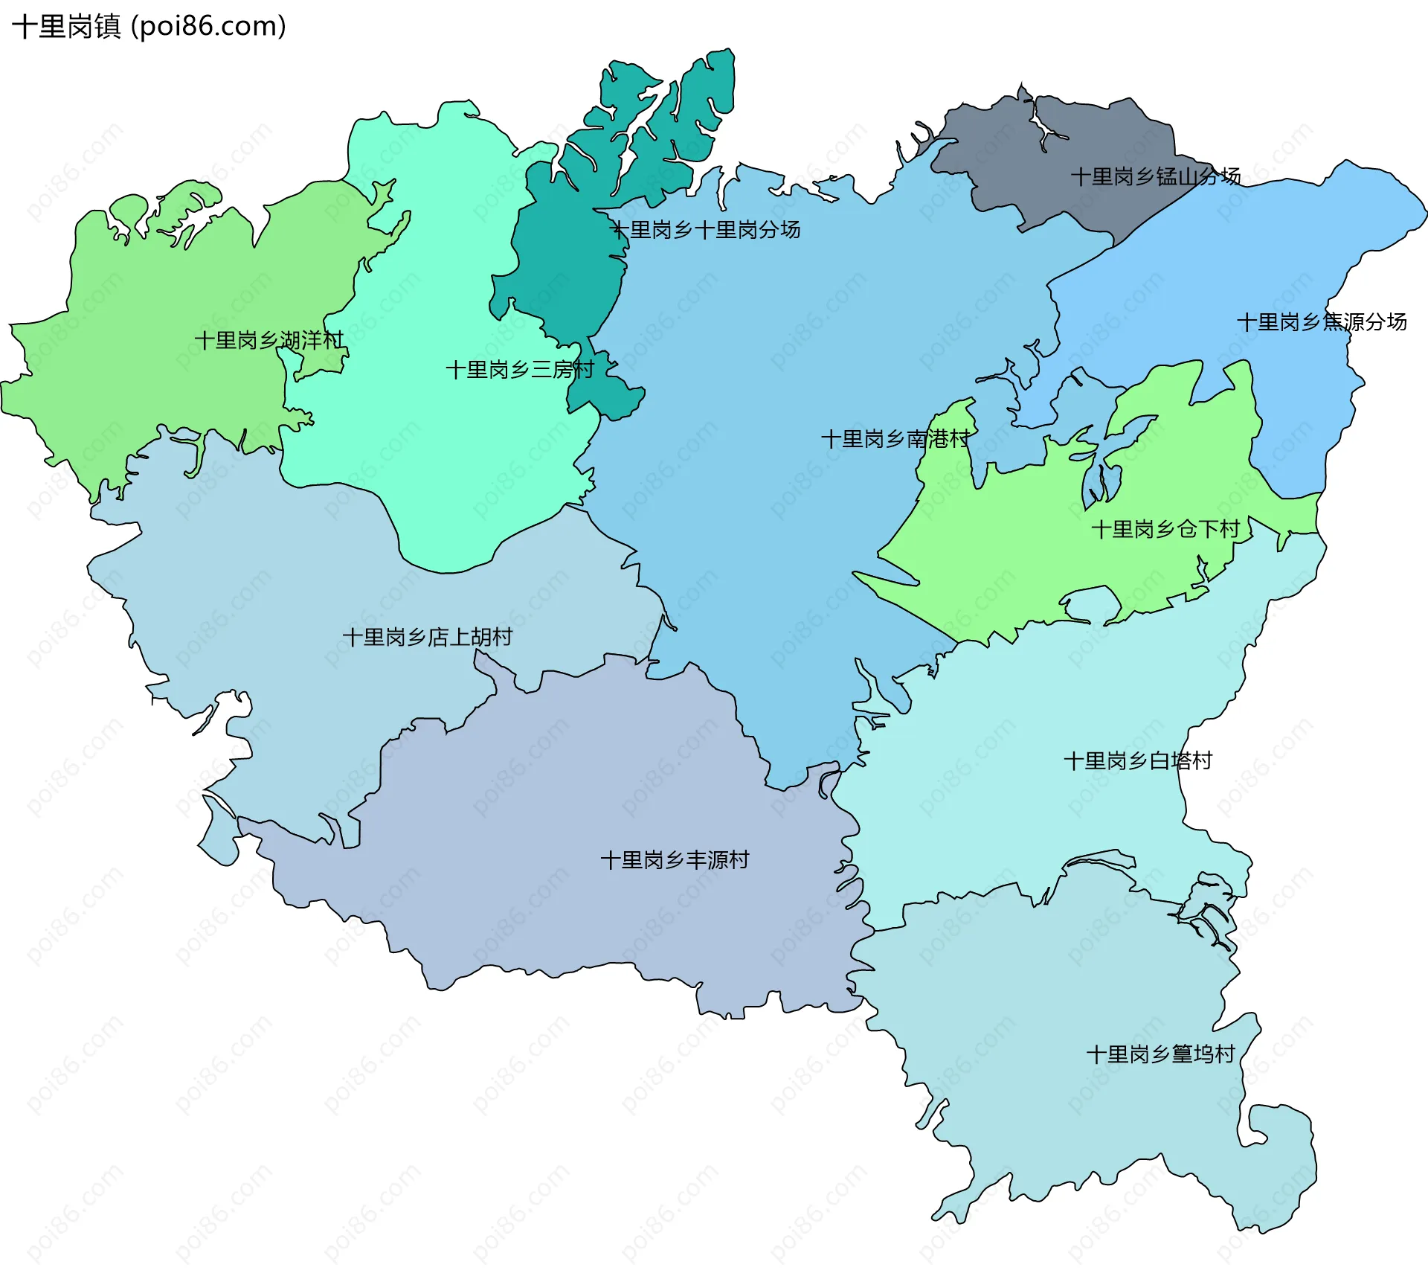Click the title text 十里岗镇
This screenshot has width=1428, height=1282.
67,27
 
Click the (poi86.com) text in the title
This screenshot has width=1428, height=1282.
208,27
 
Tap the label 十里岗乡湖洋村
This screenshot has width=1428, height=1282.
268,341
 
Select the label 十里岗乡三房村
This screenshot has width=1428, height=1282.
519,370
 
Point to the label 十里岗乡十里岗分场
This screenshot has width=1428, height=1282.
705,230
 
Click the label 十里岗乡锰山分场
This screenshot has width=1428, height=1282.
1155,177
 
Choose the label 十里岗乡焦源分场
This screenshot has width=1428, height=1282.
1321,322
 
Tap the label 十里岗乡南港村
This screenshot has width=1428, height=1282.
895,439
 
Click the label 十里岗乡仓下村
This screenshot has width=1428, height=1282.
1165,530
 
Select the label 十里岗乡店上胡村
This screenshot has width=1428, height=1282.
427,638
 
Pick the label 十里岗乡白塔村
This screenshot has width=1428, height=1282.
1137,761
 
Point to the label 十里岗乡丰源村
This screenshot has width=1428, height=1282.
674,861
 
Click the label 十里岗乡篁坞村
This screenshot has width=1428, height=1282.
1160,1054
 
